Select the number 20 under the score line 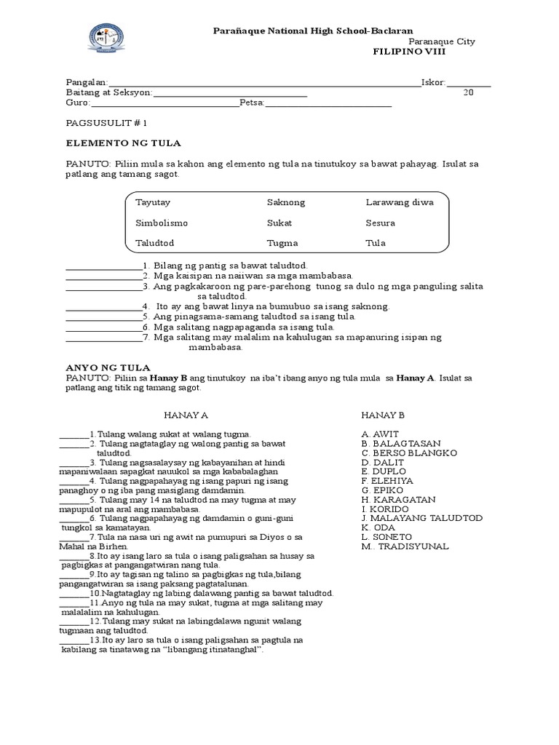[469, 93]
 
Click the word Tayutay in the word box [153, 202]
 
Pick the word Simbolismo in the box [161, 223]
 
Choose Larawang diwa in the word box [399, 202]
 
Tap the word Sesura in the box [381, 223]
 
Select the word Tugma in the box [282, 243]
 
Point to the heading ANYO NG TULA [108, 368]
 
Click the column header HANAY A [186, 415]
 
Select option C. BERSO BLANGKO [409, 453]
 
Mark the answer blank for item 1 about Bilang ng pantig [103, 266]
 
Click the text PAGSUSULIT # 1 [106, 124]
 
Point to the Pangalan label [87, 83]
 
